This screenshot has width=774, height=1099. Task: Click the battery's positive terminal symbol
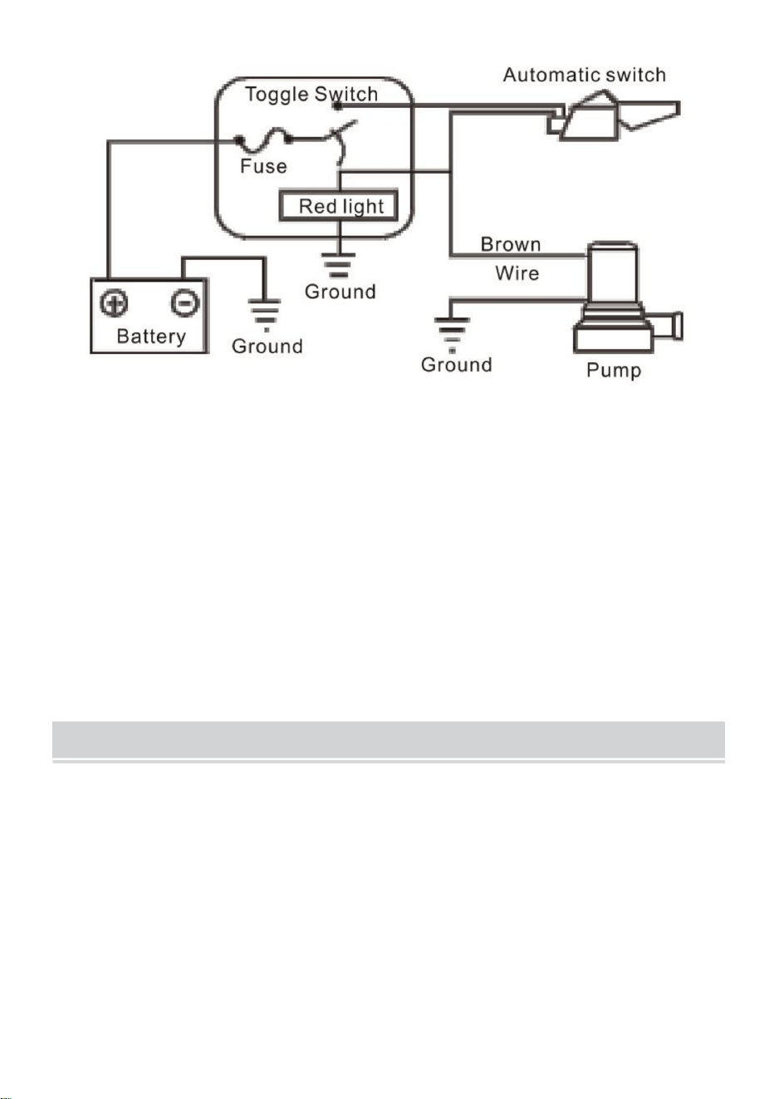[114, 302]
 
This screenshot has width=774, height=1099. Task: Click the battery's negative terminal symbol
[184, 302]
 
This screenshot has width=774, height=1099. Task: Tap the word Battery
[151, 336]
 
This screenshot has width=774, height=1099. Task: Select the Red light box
[339, 205]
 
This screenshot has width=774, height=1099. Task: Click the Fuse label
[263, 166]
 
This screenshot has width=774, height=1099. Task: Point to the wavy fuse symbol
[263, 140]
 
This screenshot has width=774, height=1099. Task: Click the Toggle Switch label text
[311, 94]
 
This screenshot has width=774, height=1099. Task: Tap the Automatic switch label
[584, 75]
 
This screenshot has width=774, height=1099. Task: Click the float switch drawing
[613, 115]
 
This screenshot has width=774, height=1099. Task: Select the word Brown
[511, 244]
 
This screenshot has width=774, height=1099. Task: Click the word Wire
[517, 272]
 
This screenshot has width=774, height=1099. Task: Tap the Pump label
[614, 370]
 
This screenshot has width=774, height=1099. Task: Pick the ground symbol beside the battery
[265, 315]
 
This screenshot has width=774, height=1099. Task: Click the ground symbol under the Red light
[339, 266]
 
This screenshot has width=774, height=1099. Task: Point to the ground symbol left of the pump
[452, 335]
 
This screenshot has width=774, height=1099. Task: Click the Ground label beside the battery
[267, 346]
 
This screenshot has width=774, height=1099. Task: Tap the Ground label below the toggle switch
[340, 292]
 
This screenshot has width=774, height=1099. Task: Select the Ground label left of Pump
[457, 365]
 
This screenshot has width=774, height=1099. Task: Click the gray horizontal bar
[389, 739]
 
